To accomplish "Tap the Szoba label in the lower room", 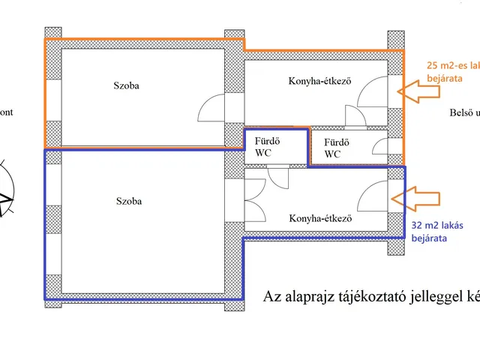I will pos(129,201).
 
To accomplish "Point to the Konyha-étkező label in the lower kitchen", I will pos(320,219).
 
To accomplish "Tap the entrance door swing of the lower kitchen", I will pos(373,199).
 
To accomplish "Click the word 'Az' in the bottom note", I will pos(271,295).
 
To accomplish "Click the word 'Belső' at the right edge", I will pos(459,113).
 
